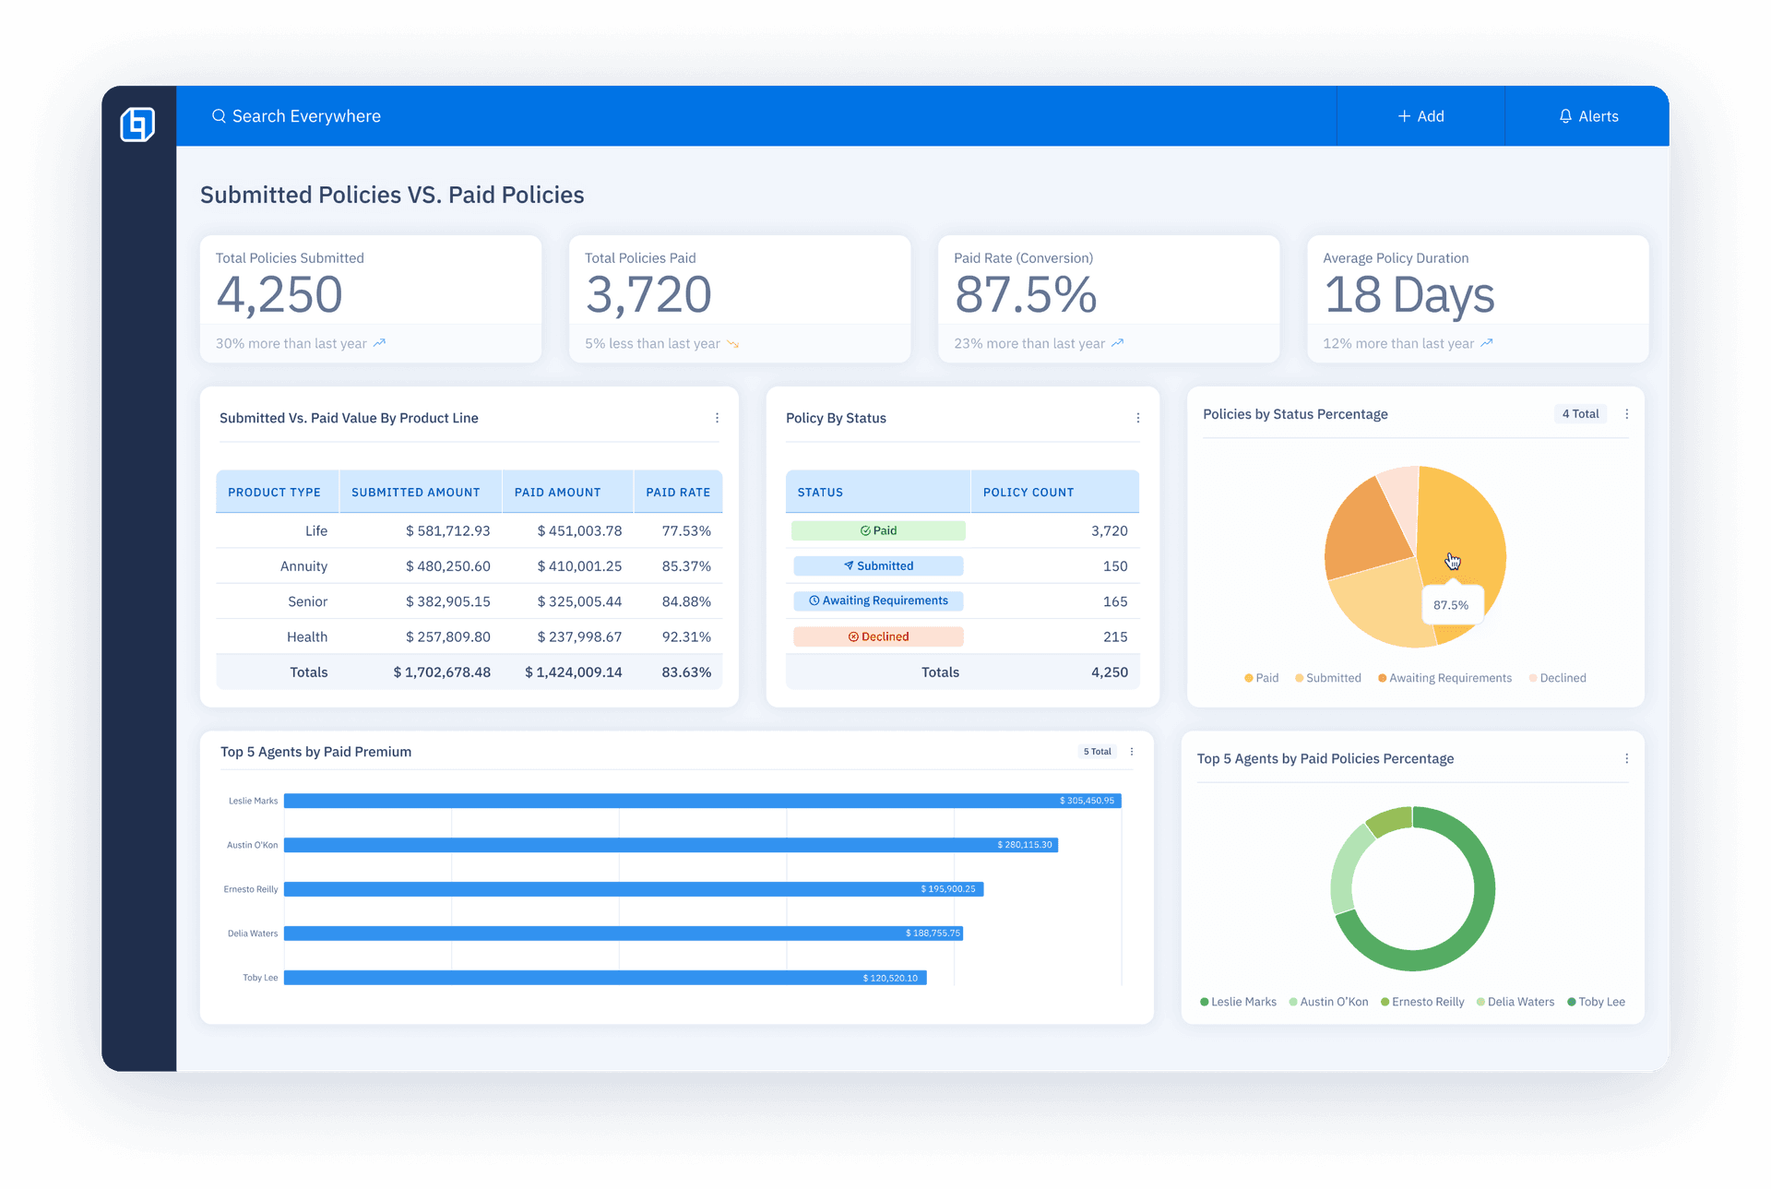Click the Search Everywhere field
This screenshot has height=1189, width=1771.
(305, 116)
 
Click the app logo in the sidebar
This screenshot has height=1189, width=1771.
(137, 124)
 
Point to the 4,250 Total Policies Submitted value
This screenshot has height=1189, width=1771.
(279, 295)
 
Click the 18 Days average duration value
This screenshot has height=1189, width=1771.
(1408, 295)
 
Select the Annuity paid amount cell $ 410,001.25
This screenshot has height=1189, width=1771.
(579, 566)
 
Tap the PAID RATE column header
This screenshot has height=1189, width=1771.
(678, 493)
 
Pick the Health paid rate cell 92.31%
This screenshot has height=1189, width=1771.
(686, 637)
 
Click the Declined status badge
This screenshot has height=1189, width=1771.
(878, 636)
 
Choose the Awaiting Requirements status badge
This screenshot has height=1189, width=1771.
(878, 601)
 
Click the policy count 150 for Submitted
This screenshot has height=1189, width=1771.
(1114, 566)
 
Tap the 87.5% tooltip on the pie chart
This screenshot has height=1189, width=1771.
(1451, 605)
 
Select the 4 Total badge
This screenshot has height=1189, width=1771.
(1580, 414)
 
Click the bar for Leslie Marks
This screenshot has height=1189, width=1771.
(701, 801)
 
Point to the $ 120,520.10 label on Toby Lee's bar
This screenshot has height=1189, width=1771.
(890, 978)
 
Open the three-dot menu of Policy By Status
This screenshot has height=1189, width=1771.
(1137, 418)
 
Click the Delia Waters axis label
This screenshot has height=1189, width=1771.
(252, 933)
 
